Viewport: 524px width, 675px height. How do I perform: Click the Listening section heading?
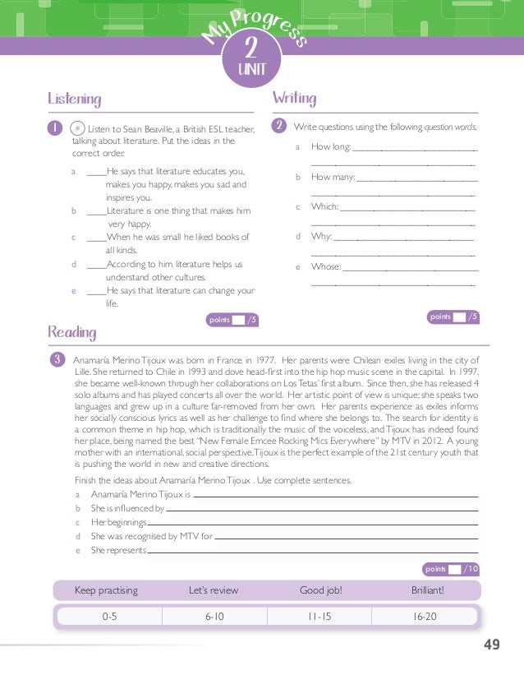[x=75, y=99]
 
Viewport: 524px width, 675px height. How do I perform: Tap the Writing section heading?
[x=293, y=99]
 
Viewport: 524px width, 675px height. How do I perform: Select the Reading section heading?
[x=72, y=332]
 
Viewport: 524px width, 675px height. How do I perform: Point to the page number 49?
[x=491, y=645]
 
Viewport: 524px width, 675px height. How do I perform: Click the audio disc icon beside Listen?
[x=76, y=128]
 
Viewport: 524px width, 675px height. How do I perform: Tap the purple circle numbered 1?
[x=53, y=128]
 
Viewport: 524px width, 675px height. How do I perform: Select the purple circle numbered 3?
[x=57, y=359]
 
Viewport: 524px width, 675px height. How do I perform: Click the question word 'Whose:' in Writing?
[x=325, y=266]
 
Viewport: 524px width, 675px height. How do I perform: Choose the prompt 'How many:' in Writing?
[x=332, y=177]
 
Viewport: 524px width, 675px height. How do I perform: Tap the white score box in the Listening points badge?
[x=237, y=320]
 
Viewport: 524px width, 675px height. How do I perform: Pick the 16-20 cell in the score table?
[x=426, y=616]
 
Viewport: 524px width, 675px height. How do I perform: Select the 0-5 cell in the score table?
[x=109, y=616]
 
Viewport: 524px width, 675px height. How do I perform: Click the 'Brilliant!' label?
[x=427, y=590]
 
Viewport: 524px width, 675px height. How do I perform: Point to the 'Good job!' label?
[x=321, y=590]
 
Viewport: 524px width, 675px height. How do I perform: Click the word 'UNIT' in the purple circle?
[x=251, y=70]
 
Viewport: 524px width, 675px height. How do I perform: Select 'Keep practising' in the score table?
[x=106, y=590]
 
